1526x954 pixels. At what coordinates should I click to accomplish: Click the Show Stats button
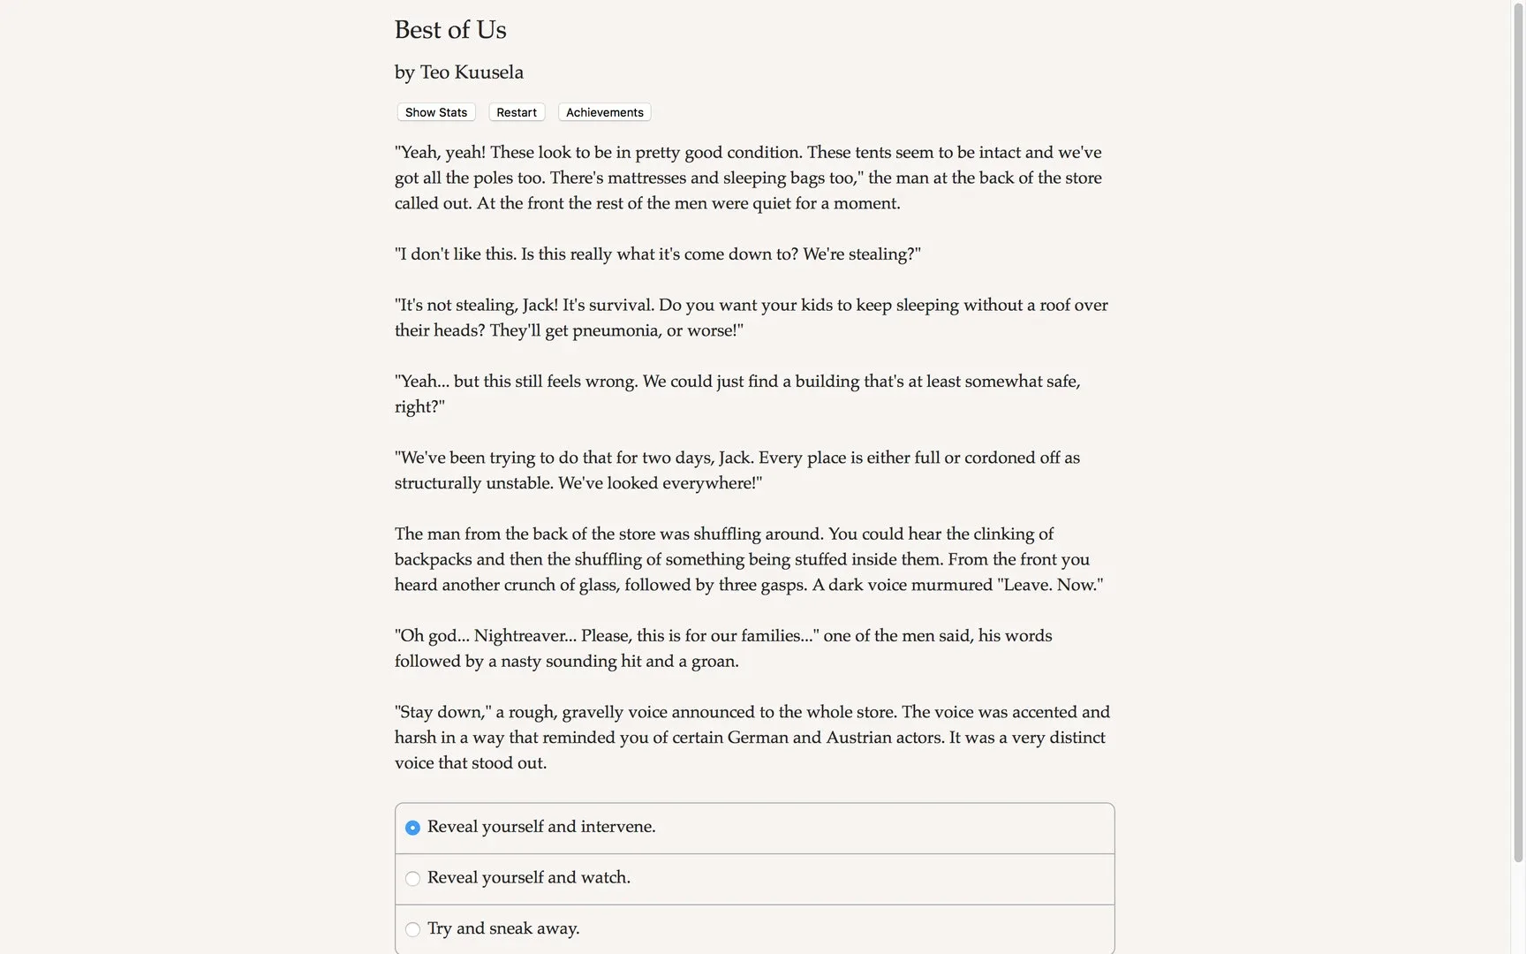(x=436, y=112)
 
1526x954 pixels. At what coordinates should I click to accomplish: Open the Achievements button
(x=604, y=112)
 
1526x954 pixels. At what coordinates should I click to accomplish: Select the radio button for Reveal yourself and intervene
(x=412, y=828)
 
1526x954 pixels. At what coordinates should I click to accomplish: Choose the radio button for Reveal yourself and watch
(x=412, y=879)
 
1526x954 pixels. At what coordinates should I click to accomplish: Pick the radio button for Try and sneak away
(x=412, y=929)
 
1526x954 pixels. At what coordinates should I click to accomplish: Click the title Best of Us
(x=450, y=30)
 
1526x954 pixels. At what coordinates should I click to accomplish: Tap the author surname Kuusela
(x=488, y=72)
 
